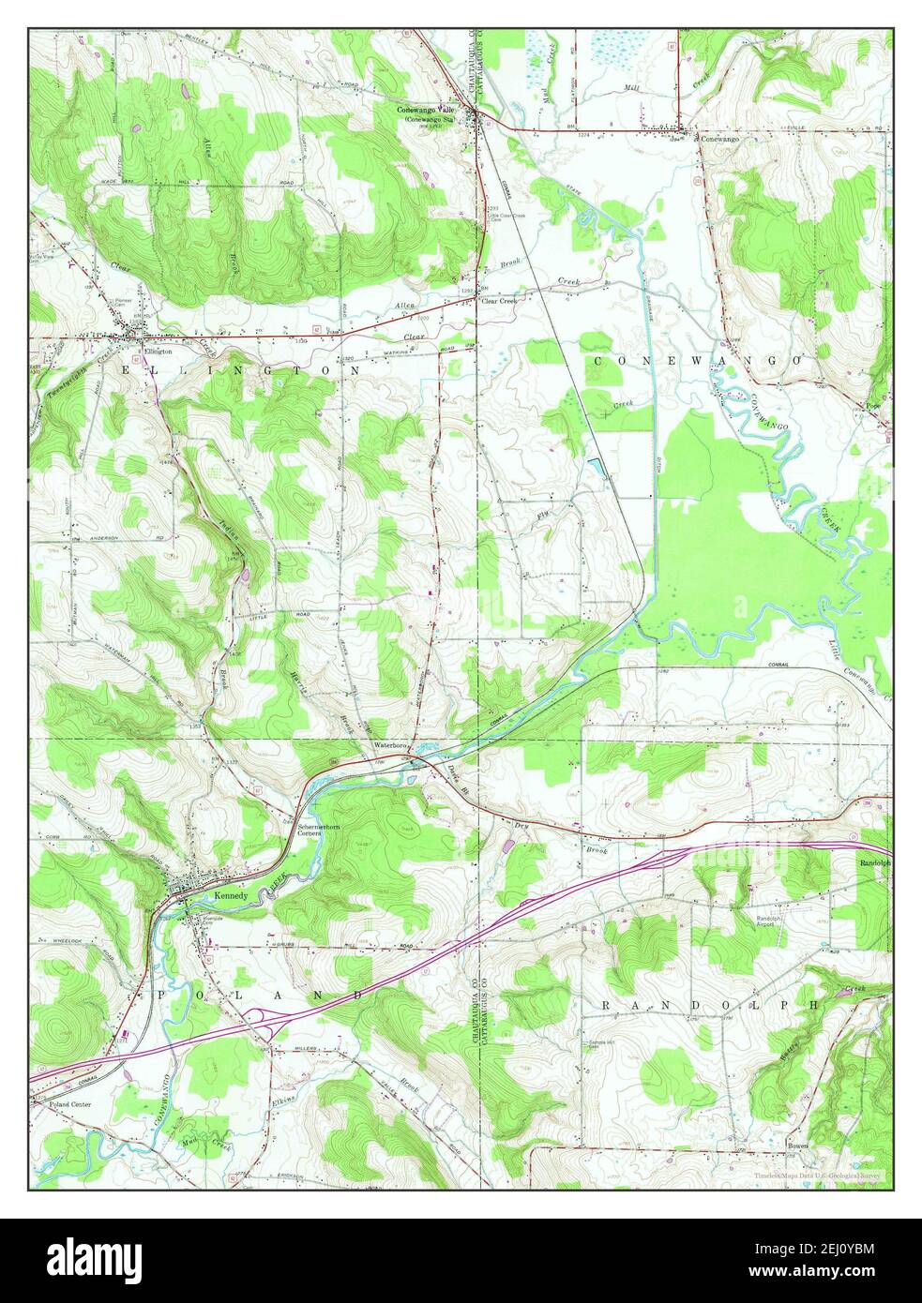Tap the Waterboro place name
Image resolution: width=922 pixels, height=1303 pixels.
(x=393, y=744)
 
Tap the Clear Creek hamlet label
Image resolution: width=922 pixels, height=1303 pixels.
(x=500, y=301)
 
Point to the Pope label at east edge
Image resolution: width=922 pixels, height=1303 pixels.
(x=873, y=406)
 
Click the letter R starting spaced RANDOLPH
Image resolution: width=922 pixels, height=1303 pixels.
(x=606, y=1004)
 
